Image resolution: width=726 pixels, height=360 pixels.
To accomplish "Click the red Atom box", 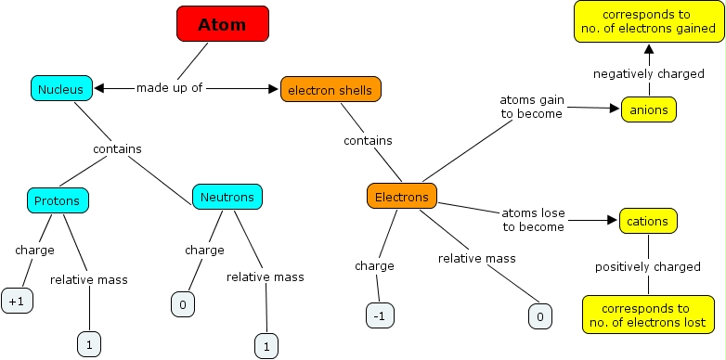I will coord(223,24).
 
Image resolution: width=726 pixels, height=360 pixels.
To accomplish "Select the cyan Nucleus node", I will coord(61,89).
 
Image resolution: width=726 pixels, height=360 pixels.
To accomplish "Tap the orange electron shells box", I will coord(331,89).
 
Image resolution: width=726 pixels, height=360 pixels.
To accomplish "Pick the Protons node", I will coord(58,199).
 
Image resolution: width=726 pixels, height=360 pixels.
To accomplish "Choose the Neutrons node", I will coord(227,197).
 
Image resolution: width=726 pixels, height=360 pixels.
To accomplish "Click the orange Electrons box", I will coord(401,197).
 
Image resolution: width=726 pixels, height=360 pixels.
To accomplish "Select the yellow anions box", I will coord(648,109).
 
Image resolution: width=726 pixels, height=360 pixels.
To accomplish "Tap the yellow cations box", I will coord(648,222).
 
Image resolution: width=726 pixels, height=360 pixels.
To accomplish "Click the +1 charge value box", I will coord(17,302).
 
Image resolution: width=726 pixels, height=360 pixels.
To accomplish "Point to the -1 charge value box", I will coord(380,315).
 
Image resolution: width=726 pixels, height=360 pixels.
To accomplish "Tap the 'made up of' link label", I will coord(169,88).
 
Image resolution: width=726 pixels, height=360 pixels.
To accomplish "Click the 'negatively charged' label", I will coord(648,73).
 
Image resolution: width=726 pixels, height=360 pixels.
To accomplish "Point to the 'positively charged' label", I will coord(648,267).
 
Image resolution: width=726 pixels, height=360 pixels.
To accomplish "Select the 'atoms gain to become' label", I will coord(531,107).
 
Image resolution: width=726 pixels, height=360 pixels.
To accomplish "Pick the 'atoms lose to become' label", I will coord(533,220).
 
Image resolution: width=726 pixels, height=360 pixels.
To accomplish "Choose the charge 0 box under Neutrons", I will coord(184,303).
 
